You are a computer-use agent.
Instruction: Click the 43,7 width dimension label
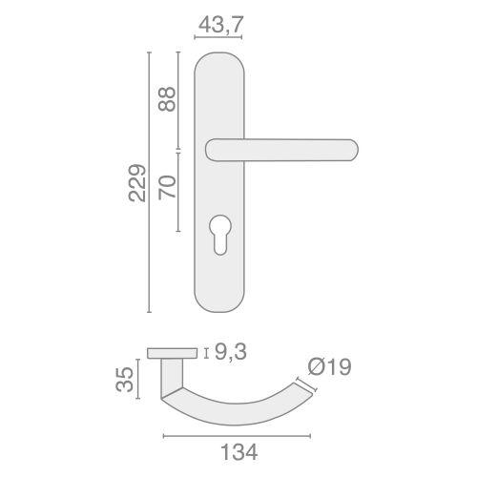pyautogui.click(x=218, y=20)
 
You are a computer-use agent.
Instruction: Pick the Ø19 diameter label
pyautogui.click(x=329, y=366)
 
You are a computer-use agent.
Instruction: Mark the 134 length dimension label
pyautogui.click(x=232, y=452)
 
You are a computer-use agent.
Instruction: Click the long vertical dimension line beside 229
pyautogui.click(x=150, y=181)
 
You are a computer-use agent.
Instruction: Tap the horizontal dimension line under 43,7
pyautogui.click(x=218, y=38)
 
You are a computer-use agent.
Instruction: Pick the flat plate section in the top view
pyautogui.click(x=175, y=354)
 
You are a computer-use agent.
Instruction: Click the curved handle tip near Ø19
pyautogui.click(x=306, y=386)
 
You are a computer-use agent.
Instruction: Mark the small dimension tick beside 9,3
pyautogui.click(x=208, y=354)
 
